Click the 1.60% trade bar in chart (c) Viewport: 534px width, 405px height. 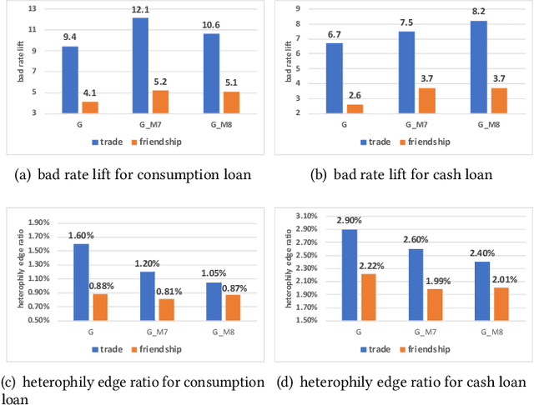pyautogui.click(x=81, y=282)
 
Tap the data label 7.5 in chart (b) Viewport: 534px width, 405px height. pyautogui.click(x=406, y=23)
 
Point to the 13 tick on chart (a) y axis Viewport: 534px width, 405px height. pyautogui.click(x=32, y=9)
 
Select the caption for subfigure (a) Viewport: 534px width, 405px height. pyautogui.click(x=133, y=175)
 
